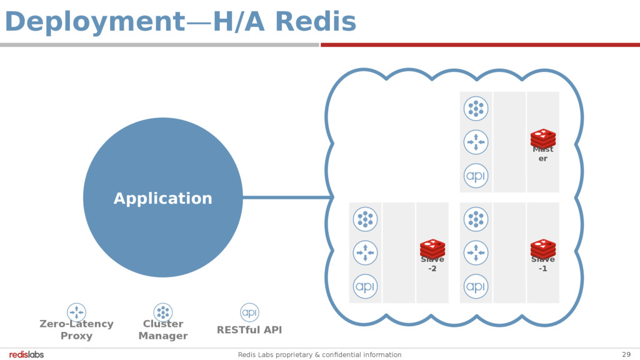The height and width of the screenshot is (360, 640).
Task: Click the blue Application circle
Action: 162,197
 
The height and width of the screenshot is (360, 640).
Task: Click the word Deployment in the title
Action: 91,22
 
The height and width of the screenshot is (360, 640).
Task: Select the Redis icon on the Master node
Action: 543,138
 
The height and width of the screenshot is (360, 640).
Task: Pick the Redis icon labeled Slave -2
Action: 432,248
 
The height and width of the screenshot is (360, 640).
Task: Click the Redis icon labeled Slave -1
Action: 543,248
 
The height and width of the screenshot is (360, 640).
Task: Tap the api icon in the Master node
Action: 476,176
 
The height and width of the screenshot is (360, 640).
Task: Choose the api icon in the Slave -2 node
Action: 366,286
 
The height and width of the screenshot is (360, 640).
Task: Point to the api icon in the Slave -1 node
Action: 476,286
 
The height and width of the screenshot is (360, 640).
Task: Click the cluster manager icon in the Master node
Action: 476,109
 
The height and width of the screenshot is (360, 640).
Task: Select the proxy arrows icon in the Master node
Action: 476,142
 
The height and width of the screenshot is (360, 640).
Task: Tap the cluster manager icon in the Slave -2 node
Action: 366,219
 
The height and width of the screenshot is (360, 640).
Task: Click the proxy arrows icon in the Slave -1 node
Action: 476,252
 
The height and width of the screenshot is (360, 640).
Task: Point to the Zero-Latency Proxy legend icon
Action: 76,312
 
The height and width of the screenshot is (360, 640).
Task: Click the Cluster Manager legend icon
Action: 163,312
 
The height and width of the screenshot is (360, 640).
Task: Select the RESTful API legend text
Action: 249,330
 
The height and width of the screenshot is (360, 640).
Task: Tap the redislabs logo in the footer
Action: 26,354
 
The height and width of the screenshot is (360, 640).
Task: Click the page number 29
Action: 626,354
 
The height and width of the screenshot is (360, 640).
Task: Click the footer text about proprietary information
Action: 319,354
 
